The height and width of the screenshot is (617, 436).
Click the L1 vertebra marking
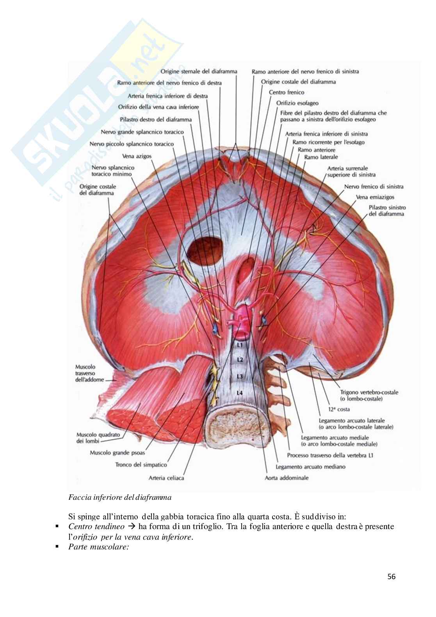click(x=240, y=345)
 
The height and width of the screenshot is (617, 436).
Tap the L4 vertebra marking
click(x=240, y=392)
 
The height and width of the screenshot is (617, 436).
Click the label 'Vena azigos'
click(x=137, y=156)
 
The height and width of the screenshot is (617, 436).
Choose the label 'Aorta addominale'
click(x=287, y=478)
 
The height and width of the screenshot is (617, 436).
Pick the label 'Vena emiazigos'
click(x=375, y=197)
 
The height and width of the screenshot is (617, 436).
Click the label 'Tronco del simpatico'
click(x=141, y=465)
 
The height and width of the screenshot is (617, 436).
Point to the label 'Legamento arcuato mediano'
click(x=310, y=467)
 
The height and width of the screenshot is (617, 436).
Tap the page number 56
click(x=392, y=576)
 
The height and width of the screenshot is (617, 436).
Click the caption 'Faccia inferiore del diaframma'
click(x=120, y=497)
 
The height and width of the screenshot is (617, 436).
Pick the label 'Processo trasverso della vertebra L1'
click(x=330, y=455)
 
